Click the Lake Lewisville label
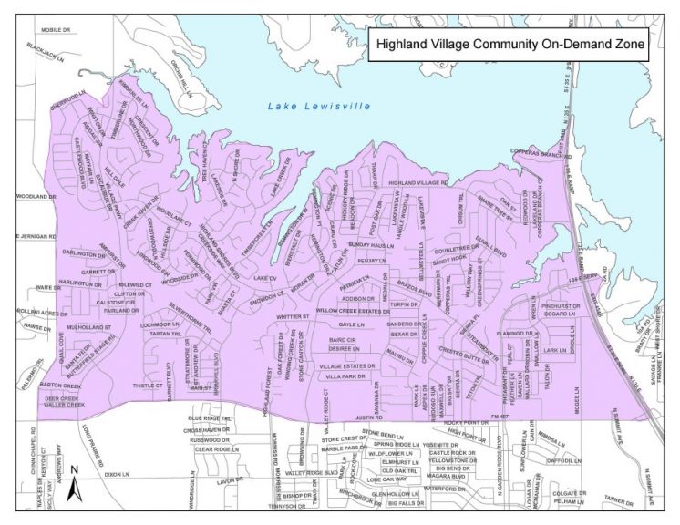318,107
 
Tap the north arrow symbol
76,483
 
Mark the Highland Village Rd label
418,183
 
